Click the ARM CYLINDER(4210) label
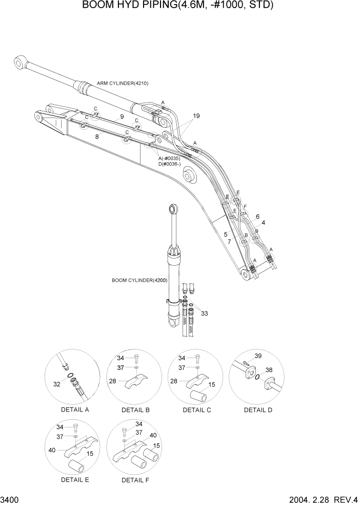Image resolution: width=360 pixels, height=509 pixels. (123, 83)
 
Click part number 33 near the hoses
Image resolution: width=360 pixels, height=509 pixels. (205, 313)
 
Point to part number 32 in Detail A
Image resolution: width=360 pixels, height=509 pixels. (57, 383)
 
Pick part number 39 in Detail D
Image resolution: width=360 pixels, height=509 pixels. (258, 356)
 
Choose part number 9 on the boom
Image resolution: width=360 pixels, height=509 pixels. (122, 117)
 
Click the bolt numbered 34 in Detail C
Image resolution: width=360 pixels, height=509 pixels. (197, 358)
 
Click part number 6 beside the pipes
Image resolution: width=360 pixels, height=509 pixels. (257, 216)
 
